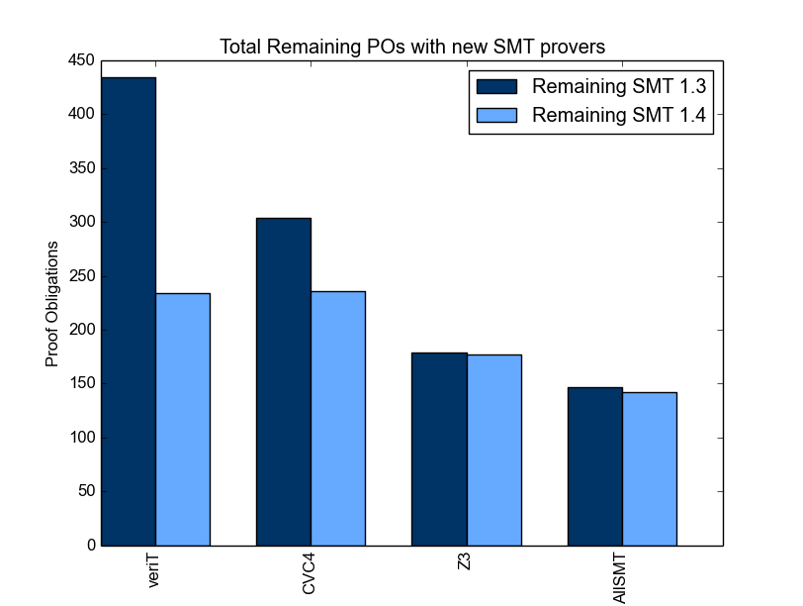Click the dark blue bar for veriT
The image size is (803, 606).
click(x=129, y=312)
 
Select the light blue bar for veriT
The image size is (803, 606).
click(x=183, y=420)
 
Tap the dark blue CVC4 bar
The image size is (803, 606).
click(x=284, y=382)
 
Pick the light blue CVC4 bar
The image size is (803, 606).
click(x=338, y=418)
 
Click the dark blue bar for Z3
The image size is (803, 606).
click(x=439, y=450)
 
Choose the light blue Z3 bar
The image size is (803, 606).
click(x=494, y=451)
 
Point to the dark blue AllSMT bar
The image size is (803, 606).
click(x=595, y=466)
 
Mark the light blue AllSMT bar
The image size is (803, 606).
click(x=650, y=469)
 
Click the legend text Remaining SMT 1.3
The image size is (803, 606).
click(x=619, y=86)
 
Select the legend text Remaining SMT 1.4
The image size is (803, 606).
click(x=619, y=115)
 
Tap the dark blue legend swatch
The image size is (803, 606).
click(x=496, y=87)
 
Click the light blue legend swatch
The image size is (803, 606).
click(x=496, y=115)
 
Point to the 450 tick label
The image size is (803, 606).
click(x=81, y=60)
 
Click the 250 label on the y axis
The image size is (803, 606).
click(x=81, y=276)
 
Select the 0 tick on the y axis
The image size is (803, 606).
click(x=91, y=545)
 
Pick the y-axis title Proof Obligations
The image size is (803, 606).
click(x=51, y=304)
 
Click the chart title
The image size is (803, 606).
click(x=412, y=47)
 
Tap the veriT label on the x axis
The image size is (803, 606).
click(x=153, y=570)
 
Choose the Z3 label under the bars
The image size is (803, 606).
click(x=464, y=561)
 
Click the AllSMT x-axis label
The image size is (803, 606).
click(x=619, y=579)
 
